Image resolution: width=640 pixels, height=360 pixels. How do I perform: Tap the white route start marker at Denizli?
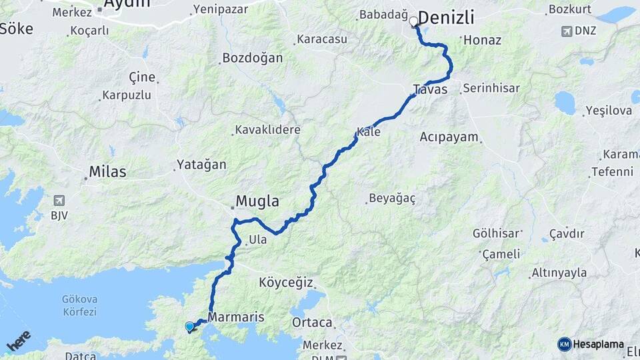(414, 22)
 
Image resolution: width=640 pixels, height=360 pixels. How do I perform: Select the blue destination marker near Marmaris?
(190, 327)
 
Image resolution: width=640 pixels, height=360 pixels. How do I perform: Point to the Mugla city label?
(257, 201)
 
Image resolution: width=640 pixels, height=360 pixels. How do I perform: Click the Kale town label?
(369, 132)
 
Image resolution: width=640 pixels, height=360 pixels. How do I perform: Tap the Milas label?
(107, 172)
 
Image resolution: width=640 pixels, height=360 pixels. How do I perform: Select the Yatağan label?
(201, 164)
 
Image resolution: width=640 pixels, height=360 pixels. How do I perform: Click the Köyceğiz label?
(285, 282)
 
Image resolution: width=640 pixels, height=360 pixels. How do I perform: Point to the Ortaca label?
(312, 323)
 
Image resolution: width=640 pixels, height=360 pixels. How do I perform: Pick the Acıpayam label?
(449, 137)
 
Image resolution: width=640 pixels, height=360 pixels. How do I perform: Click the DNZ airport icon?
(568, 31)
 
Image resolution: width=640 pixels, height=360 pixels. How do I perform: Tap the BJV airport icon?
(61, 200)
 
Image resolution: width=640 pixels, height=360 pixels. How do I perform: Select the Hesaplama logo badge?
(591, 344)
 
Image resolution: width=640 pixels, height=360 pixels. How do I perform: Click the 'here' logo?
(19, 341)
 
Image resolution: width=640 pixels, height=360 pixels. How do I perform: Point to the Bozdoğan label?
(252, 58)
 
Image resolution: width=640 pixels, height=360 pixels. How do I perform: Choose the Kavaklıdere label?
(267, 129)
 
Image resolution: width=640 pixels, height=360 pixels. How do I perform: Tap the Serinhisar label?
(491, 88)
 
